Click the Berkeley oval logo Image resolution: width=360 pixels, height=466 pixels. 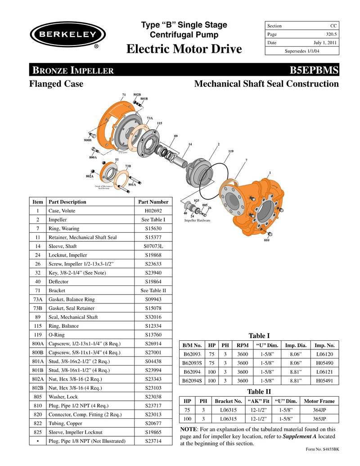pos(67,34)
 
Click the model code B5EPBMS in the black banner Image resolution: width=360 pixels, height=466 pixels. pos(314,70)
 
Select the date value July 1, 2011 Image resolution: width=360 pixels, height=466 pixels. pos(325,43)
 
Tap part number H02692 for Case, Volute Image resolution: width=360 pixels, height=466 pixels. pos(153,211)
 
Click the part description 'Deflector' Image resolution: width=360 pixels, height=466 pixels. pos(59,282)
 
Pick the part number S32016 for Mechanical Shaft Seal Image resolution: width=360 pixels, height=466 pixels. pos(153,317)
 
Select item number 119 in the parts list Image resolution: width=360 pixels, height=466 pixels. pos(38,335)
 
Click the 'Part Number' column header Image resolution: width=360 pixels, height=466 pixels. pos(153,202)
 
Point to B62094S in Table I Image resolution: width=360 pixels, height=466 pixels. pos(192,380)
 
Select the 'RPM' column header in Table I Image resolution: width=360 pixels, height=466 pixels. pos(243,345)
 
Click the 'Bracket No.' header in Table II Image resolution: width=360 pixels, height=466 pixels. pos(229,401)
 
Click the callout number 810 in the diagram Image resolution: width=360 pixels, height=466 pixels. pos(266,241)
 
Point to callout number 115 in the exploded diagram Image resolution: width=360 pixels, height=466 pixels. pos(159,123)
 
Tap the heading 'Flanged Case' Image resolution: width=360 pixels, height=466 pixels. pos(56,84)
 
